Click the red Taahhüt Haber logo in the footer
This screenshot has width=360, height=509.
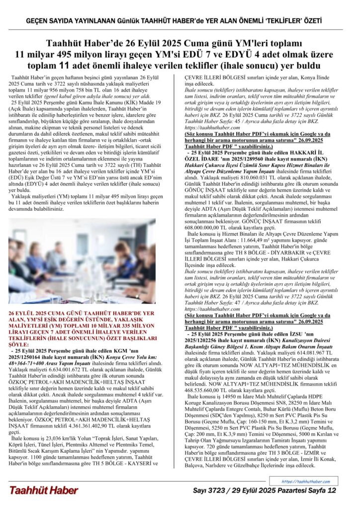pos(43,490)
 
